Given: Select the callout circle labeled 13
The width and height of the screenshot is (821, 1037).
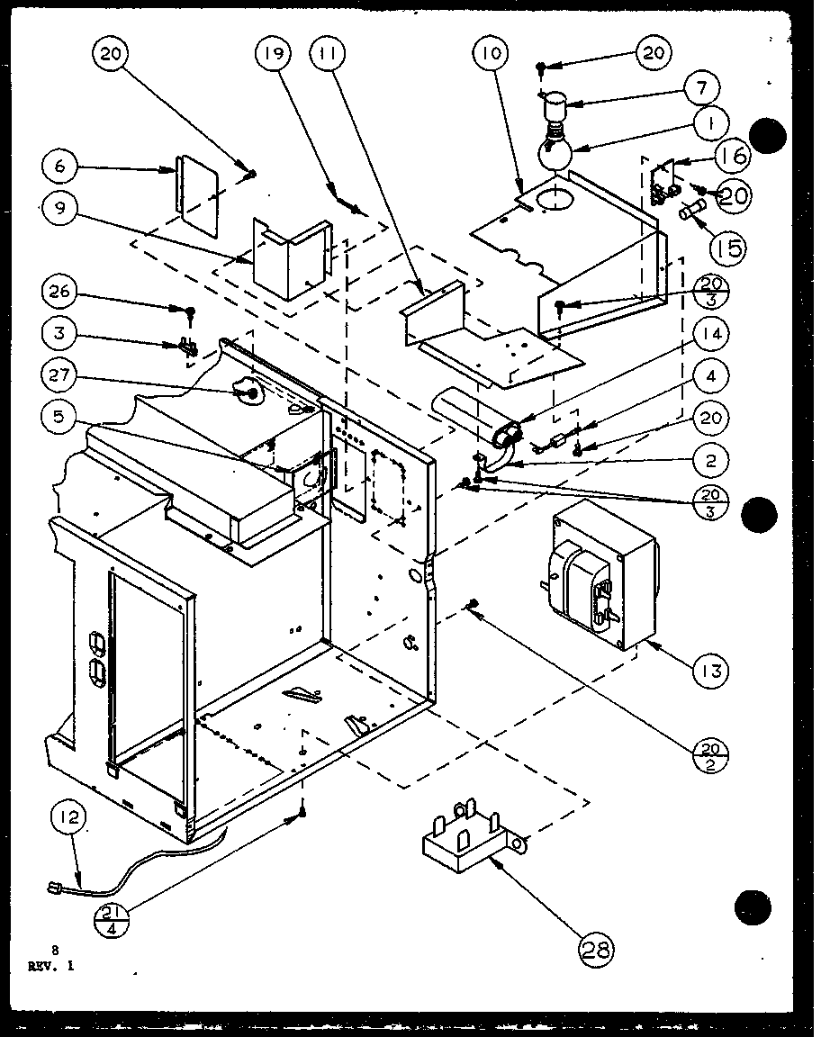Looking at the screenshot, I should click(x=710, y=671).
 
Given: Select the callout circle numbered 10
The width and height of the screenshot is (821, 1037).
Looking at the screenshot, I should click(x=491, y=54).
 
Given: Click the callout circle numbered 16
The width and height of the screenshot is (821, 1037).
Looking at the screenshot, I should click(x=734, y=156).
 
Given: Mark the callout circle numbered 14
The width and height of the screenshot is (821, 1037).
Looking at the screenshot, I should click(x=711, y=334).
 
